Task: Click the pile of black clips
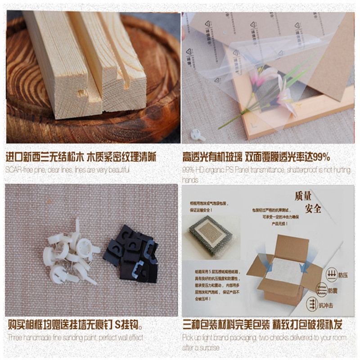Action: coord(133,254)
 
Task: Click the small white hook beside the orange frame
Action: coord(196,134)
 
